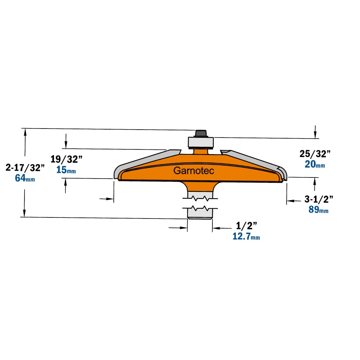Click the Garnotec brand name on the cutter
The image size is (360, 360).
click(x=194, y=171)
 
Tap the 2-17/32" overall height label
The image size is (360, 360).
click(x=25, y=168)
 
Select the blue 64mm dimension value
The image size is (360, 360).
click(x=25, y=178)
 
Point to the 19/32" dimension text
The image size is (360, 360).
click(x=66, y=159)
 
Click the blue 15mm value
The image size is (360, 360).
click(x=66, y=170)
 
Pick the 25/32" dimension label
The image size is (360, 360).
click(x=315, y=154)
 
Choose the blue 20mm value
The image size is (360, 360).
click(x=315, y=165)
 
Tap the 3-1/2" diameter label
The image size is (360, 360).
click(x=319, y=199)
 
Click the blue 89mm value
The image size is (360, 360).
click(x=319, y=210)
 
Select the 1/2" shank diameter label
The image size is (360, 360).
click(x=246, y=226)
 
